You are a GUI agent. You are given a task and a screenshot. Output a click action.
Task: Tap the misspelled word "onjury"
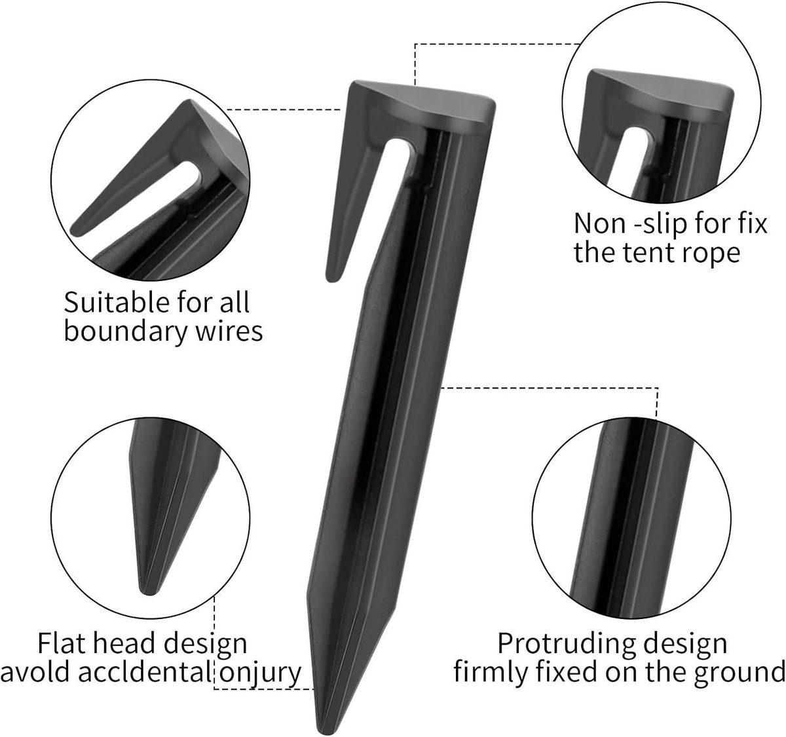click(x=260, y=674)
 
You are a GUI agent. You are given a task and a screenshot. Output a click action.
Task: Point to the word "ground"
click(x=739, y=675)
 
